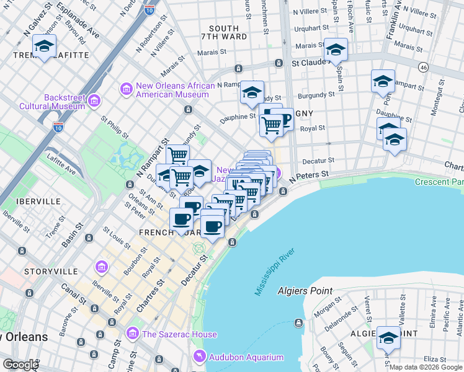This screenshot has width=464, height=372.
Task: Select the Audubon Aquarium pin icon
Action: click(199, 356)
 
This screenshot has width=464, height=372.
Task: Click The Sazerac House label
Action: click(179, 334)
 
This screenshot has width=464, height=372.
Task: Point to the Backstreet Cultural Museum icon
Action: click(95, 100)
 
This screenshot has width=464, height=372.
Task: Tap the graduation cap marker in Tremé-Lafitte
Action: click(44, 46)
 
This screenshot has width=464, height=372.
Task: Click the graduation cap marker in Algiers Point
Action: click(389, 338)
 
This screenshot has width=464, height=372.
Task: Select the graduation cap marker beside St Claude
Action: click(336, 50)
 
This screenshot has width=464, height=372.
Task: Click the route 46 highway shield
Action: click(423, 66)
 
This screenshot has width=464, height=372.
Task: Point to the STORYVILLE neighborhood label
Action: click(50, 272)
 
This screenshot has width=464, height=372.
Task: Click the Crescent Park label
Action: click(439, 182)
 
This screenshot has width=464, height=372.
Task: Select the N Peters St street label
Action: click(308, 175)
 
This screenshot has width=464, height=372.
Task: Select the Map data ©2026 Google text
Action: click(426, 367)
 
